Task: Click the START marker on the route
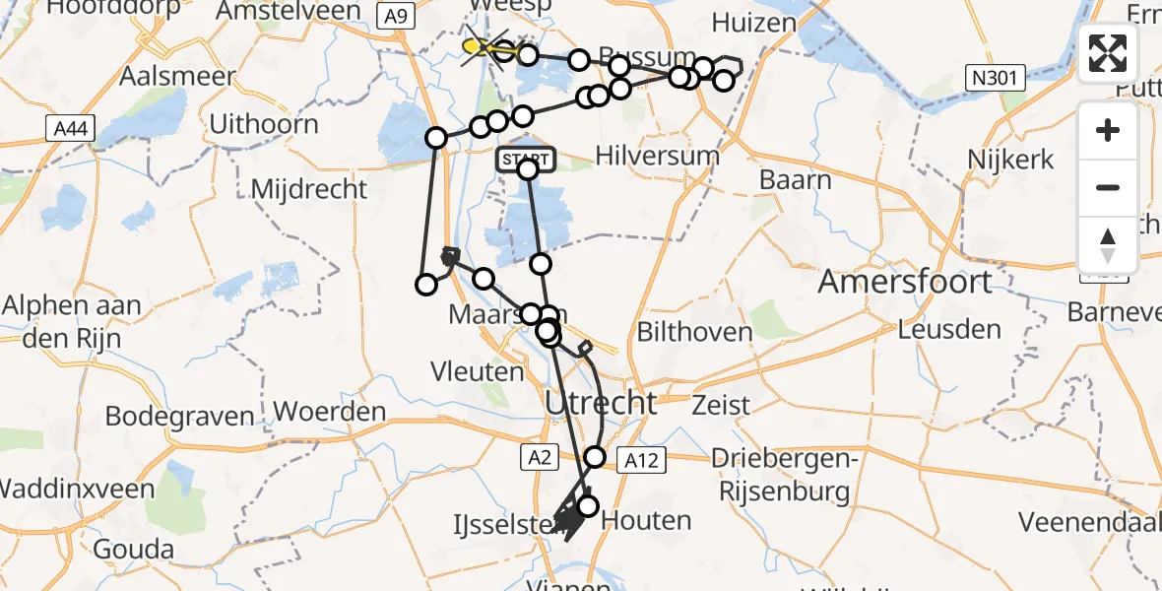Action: pos(528,160)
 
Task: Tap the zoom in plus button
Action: pos(1108,131)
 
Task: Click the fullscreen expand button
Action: pos(1108,53)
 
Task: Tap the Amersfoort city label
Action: pos(905,283)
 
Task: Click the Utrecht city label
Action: pos(600,402)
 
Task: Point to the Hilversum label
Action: pos(658,156)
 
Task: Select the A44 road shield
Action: pos(63,126)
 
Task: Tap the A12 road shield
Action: pos(643,457)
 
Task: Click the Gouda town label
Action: pos(134,550)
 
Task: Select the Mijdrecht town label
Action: pos(309,188)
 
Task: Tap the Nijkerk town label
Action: pos(1010,159)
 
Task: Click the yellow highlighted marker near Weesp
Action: pos(474,45)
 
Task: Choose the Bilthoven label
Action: pos(695,332)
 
